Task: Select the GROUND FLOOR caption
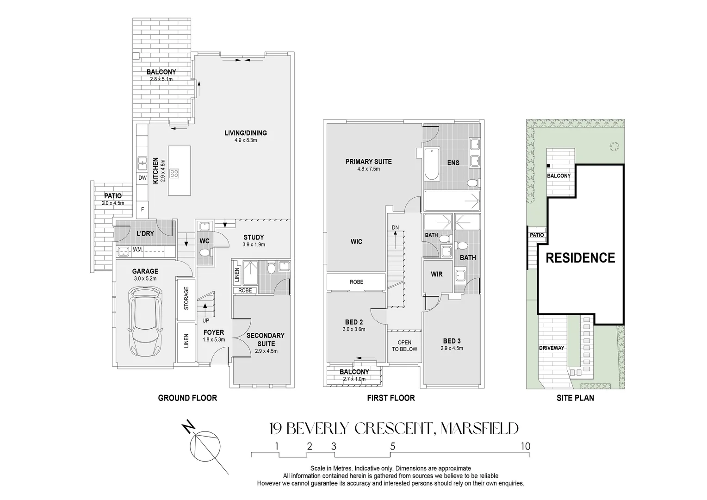tap(187, 398)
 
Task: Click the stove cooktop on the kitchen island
tap(175, 174)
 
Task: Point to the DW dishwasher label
tap(143, 178)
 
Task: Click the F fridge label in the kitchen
tap(143, 209)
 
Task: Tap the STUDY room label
tap(254, 237)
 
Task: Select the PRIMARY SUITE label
tap(368, 162)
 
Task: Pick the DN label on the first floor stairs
tap(395, 227)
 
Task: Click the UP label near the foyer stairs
tap(205, 320)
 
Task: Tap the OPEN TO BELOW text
tap(404, 346)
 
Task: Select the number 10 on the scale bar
tap(525, 446)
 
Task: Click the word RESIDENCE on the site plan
tap(580, 258)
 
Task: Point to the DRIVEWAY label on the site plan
tap(552, 348)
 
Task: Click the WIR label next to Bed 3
tap(437, 274)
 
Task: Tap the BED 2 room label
tap(354, 322)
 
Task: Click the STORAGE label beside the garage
tap(186, 298)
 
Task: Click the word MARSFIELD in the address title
tap(480, 429)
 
